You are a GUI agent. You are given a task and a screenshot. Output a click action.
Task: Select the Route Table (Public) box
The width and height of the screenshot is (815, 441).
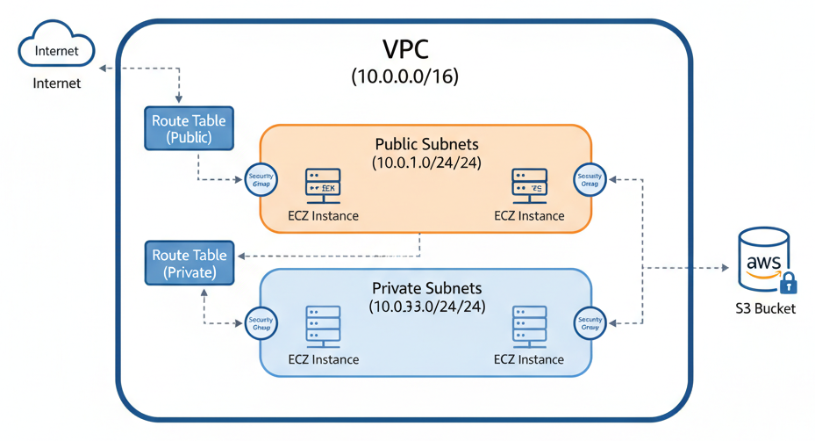[189, 129]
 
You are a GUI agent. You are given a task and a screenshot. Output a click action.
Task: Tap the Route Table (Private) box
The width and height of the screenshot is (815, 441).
[189, 264]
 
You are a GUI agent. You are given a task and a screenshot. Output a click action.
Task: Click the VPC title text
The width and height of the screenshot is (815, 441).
[404, 49]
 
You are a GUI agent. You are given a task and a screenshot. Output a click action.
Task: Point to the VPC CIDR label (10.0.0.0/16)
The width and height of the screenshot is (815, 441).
[404, 77]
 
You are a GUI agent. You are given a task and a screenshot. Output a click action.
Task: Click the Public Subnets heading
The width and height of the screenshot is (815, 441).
[425, 143]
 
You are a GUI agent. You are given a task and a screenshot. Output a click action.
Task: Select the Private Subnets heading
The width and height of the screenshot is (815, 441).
[426, 288]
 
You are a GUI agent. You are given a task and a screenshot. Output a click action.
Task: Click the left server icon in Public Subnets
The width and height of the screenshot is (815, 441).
[323, 184]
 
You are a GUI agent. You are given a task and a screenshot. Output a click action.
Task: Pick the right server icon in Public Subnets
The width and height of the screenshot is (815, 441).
[529, 184]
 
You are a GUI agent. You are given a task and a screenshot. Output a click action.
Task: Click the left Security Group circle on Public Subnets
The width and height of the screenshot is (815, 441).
[261, 181]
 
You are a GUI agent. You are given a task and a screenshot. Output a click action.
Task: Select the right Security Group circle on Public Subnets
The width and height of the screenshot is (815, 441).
[590, 181]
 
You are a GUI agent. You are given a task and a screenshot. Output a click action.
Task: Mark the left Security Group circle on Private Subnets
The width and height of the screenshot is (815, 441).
[261, 322]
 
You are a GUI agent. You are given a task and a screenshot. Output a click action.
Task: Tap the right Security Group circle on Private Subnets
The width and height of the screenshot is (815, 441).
[590, 322]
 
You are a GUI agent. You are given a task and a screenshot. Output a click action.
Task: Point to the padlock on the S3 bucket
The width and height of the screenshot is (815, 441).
[788, 283]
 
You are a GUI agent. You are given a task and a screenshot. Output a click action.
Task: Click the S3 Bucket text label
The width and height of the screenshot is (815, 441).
[766, 308]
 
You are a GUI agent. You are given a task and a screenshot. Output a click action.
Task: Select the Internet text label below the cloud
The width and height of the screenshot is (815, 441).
[56, 83]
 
